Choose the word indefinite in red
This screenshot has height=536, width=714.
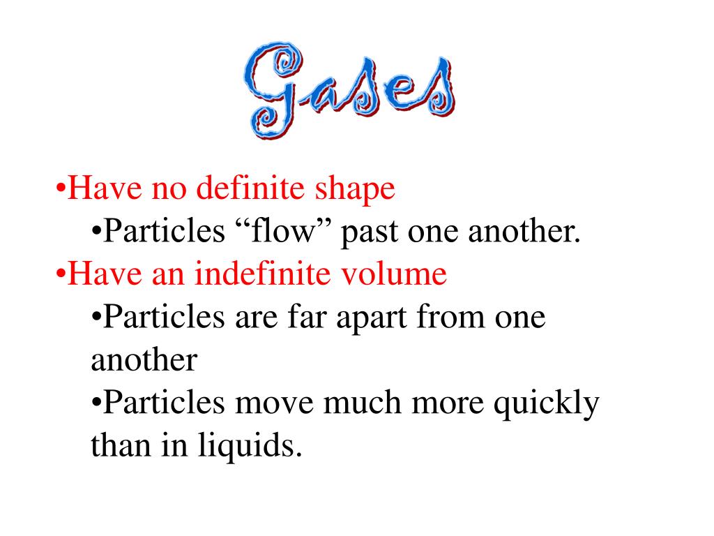[x=254, y=274]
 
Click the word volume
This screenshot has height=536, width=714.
[x=403, y=274]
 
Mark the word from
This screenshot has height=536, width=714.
[x=448, y=318]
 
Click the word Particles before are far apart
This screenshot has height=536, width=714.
[x=163, y=318]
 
